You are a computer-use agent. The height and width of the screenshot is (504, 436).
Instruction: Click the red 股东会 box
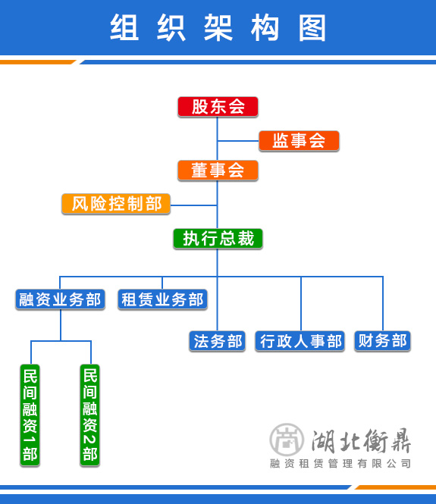click(218, 107)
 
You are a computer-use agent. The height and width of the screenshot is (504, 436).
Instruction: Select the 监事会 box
click(299, 141)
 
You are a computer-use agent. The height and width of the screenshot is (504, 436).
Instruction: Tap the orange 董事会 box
click(218, 171)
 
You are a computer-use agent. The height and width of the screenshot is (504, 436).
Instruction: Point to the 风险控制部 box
click(116, 204)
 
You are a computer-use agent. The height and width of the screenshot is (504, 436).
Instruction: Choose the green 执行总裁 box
click(218, 239)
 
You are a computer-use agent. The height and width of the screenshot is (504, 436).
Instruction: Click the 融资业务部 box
click(60, 299)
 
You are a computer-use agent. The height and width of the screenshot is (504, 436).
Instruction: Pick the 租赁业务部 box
click(162, 299)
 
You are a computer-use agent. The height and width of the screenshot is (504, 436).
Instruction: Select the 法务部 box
click(218, 341)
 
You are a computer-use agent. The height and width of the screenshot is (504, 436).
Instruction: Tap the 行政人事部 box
click(300, 341)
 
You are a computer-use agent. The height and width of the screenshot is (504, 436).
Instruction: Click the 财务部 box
click(383, 341)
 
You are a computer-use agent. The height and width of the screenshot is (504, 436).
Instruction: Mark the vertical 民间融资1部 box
click(30, 415)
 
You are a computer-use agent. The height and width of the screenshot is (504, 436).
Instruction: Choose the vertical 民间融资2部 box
click(90, 415)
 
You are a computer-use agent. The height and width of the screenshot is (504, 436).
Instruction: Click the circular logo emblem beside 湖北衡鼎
click(287, 440)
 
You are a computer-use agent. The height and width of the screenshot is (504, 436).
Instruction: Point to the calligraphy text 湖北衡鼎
click(361, 440)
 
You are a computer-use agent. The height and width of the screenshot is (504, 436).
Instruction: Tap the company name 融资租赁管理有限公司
click(340, 464)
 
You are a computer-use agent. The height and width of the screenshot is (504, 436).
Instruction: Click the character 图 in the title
click(312, 27)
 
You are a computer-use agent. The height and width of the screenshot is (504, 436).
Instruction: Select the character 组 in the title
click(124, 27)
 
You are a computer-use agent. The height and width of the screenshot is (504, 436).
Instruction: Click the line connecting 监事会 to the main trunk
click(238, 141)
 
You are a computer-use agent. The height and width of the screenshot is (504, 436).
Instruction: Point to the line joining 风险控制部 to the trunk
click(193, 205)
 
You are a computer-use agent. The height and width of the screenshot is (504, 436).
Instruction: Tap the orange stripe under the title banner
click(38, 62)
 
